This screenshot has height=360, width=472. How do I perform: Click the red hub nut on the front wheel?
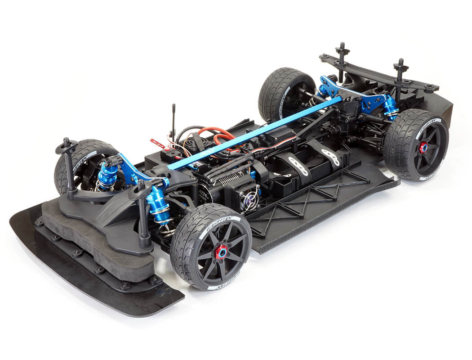[221, 252]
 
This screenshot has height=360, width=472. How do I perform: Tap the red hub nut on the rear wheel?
[423, 147]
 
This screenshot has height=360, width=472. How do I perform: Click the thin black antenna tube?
[174, 120]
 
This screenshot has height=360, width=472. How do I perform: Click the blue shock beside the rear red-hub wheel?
[390, 107]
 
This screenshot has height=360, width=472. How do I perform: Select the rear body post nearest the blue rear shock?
[400, 76]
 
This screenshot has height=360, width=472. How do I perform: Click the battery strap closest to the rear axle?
[330, 156]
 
